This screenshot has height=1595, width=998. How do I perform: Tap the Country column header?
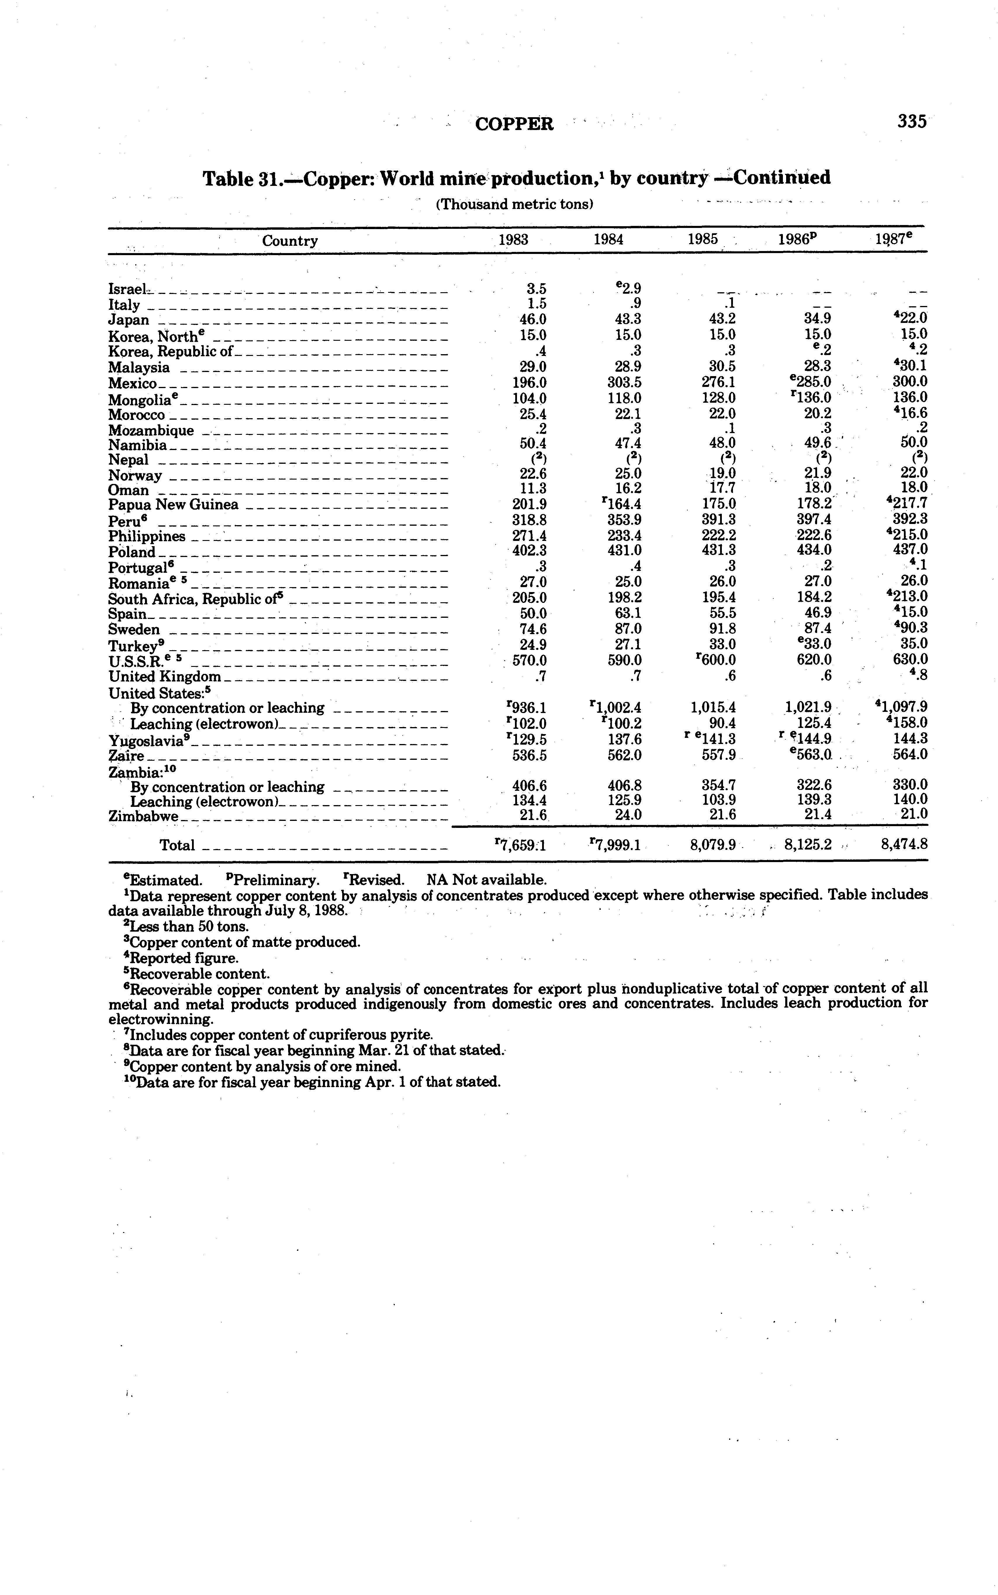coord(290,241)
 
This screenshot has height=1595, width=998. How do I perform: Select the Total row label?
coord(177,845)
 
